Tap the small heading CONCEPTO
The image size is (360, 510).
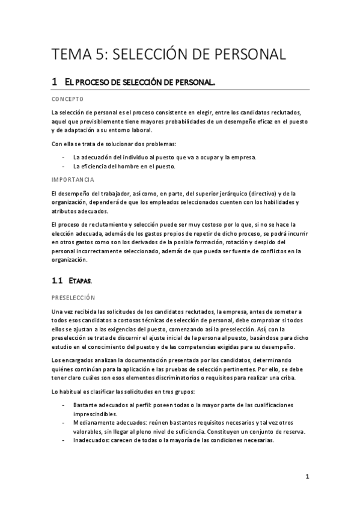(x=67, y=99)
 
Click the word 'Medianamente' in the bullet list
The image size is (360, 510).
(x=91, y=423)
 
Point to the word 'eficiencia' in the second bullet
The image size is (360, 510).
(x=97, y=167)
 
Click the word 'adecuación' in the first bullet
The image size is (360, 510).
(x=99, y=158)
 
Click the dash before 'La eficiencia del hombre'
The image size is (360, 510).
(x=64, y=167)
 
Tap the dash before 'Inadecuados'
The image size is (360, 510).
(x=64, y=440)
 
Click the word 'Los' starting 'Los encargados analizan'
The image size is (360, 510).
(x=57, y=360)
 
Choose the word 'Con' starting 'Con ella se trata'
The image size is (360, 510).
(x=58, y=144)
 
